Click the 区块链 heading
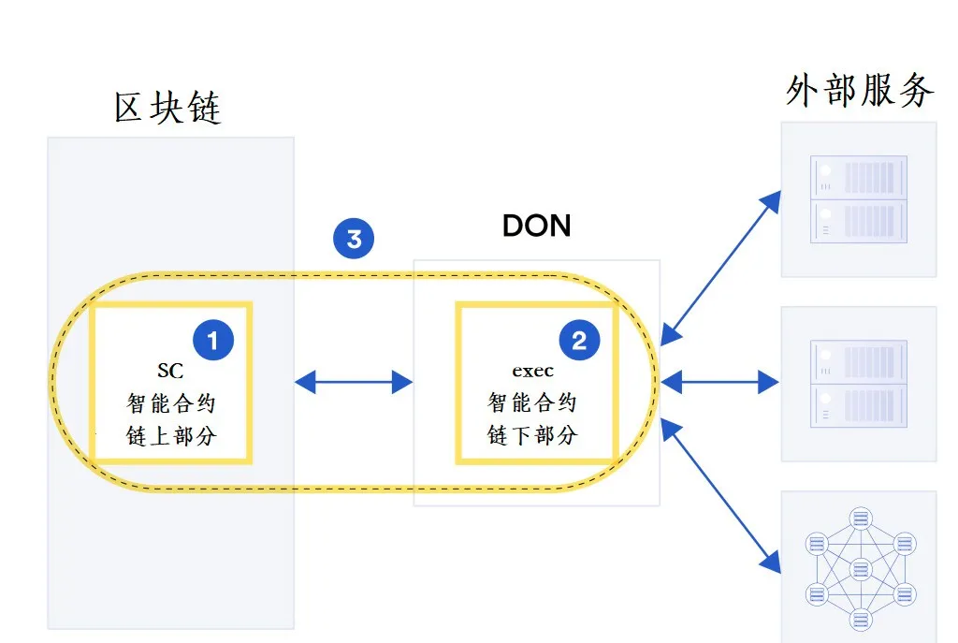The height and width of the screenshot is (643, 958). pos(167,108)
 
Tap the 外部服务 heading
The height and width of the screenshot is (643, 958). pos(861,91)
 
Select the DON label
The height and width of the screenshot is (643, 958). pos(536,226)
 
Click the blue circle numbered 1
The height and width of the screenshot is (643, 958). pos(213,340)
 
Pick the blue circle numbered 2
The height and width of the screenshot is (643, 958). pos(579,340)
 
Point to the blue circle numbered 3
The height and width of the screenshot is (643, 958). pos(354,239)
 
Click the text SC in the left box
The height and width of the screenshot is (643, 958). pos(170,371)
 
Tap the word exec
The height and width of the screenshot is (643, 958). pos(532,371)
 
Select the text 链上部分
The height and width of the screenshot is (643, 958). pos(171,436)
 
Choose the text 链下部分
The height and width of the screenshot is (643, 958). pos(532,435)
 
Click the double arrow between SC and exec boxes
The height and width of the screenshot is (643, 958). pos(354,382)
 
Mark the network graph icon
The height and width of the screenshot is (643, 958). pos(861,568)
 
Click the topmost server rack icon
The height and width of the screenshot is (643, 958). pos(859,199)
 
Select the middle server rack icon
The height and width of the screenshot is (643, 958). pos(859,383)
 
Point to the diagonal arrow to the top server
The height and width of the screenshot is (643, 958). pos(721,268)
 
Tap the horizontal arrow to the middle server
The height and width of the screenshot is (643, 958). pos(719,382)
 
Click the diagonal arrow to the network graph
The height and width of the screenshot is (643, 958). pos(721,496)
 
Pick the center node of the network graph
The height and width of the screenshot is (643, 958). pos(861,569)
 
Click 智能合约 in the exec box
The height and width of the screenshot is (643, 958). pos(532,402)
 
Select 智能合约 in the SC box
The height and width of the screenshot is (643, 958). pos(171,403)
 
